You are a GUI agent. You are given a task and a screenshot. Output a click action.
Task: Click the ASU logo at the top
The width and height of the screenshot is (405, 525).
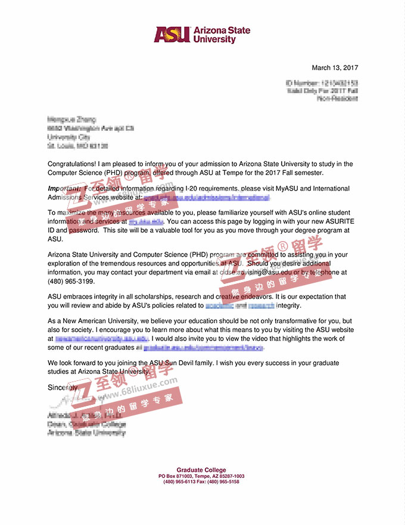[202, 35]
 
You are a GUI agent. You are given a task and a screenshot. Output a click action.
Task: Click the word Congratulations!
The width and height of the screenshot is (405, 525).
[73, 164]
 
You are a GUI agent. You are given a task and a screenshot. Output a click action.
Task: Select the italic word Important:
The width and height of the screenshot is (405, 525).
[64, 189]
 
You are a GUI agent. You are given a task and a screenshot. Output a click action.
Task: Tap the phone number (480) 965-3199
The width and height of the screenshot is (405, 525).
[63, 281]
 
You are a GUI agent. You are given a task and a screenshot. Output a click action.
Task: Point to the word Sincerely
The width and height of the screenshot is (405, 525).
[63, 387]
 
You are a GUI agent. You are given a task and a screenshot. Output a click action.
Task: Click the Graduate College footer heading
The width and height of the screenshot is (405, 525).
[201, 470]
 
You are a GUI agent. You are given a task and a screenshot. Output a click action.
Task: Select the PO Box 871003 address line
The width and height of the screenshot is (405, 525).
[201, 476]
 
